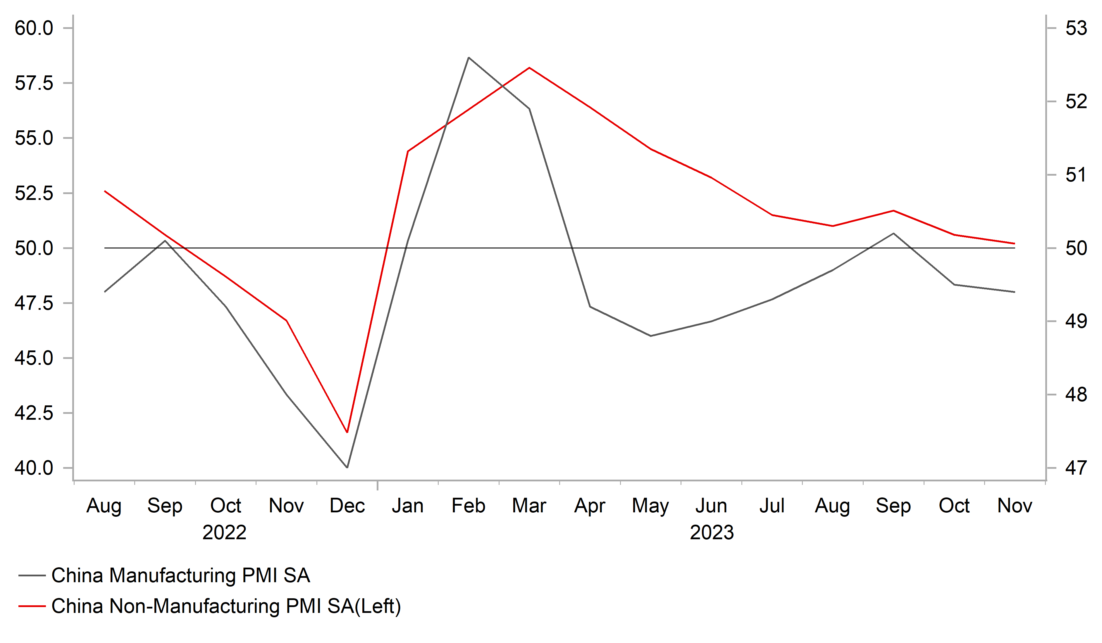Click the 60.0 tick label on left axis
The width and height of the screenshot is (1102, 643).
click(34, 28)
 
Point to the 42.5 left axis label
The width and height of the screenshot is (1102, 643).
click(34, 413)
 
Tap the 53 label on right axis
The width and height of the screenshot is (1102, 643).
click(1076, 28)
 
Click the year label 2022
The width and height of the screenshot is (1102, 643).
click(224, 533)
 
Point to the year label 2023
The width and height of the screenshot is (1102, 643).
click(712, 533)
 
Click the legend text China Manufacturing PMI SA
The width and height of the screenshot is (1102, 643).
click(181, 576)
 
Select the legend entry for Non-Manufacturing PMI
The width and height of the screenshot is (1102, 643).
click(226, 606)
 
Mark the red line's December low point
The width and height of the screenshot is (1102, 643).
click(347, 432)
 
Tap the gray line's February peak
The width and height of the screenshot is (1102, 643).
click(468, 58)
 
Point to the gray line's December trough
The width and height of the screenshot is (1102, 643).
click(347, 467)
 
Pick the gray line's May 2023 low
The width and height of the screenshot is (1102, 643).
click(651, 336)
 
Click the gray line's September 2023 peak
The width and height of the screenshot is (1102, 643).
click(893, 234)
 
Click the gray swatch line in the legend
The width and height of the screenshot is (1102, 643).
click(32, 576)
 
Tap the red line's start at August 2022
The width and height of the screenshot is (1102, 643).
click(105, 191)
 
